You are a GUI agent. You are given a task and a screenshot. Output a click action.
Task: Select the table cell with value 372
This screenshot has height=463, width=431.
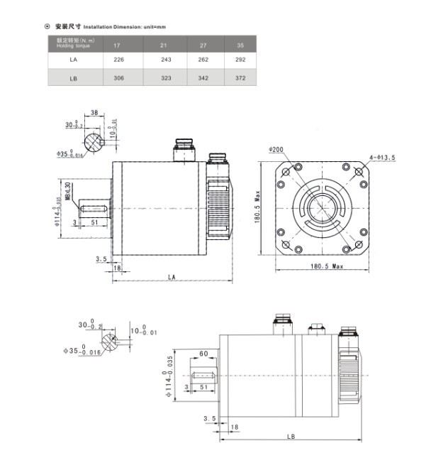[240, 78]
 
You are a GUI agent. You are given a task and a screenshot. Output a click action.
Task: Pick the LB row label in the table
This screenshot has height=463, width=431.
[73, 78]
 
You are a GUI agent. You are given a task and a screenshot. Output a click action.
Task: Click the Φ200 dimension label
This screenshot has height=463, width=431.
[276, 150]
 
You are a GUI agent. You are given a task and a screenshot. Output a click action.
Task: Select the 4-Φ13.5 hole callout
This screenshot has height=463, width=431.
[381, 157]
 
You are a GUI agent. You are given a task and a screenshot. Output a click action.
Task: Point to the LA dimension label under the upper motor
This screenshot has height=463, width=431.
[172, 276]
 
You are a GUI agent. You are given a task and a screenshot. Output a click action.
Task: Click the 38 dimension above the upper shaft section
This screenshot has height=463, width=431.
[94, 112]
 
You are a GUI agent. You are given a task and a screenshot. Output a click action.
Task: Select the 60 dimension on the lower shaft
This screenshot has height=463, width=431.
[203, 354]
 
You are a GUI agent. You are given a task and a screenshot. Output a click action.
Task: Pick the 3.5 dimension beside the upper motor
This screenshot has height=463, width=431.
[101, 259]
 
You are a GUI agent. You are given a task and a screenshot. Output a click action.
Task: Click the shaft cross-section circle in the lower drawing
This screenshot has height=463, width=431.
[108, 344]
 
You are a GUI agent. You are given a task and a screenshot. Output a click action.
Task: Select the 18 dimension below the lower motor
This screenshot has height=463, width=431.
[235, 427]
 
